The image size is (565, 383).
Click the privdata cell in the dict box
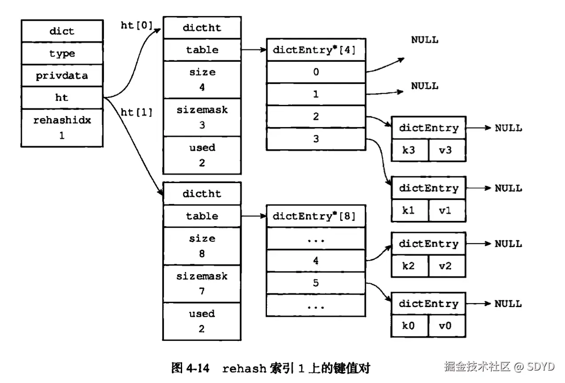(x=62, y=76)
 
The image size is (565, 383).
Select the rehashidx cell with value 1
(x=62, y=128)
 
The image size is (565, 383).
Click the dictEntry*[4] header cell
(x=315, y=50)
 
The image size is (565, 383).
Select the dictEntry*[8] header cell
(x=315, y=216)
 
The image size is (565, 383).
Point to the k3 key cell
(x=410, y=150)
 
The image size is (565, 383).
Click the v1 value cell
(x=447, y=211)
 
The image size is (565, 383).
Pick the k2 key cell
(x=410, y=266)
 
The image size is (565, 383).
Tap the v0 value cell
(x=447, y=326)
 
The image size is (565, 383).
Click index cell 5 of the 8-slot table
(x=315, y=283)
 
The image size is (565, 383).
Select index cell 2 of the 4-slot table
(x=315, y=116)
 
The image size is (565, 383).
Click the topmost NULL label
(x=425, y=40)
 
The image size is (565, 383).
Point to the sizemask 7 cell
(x=202, y=283)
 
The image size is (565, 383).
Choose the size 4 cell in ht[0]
(x=202, y=80)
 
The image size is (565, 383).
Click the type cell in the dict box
(x=62, y=54)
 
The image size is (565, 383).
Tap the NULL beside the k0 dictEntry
(x=508, y=304)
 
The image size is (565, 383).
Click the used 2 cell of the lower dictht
(x=202, y=321)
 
